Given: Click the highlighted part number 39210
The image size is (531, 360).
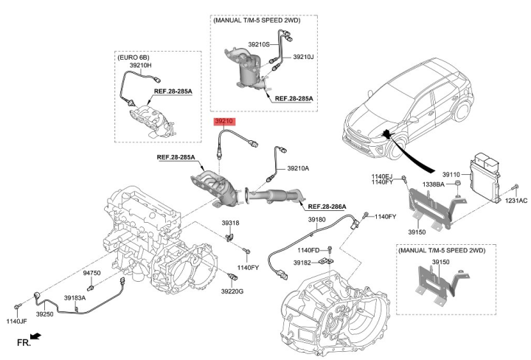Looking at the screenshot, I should point(223,120).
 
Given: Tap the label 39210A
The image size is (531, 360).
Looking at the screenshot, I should point(297,168).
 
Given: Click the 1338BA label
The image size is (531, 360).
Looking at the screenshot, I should point(432,184).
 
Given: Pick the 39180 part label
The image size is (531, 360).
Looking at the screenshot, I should point(316,219).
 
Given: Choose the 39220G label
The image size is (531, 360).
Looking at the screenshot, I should point(232,291).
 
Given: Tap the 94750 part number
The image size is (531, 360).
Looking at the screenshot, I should point(91,273).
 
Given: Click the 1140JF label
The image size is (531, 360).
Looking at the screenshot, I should point(16,321).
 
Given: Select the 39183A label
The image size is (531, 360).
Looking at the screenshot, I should point(75,298).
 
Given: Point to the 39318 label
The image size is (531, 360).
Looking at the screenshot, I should point(230,222).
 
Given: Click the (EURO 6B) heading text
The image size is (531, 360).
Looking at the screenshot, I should point(133,56).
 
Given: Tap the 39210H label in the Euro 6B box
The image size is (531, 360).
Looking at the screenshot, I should point(140,66).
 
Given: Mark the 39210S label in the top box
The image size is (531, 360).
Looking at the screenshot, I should point(259,44).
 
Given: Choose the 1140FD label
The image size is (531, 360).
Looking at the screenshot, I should point(308,251).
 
